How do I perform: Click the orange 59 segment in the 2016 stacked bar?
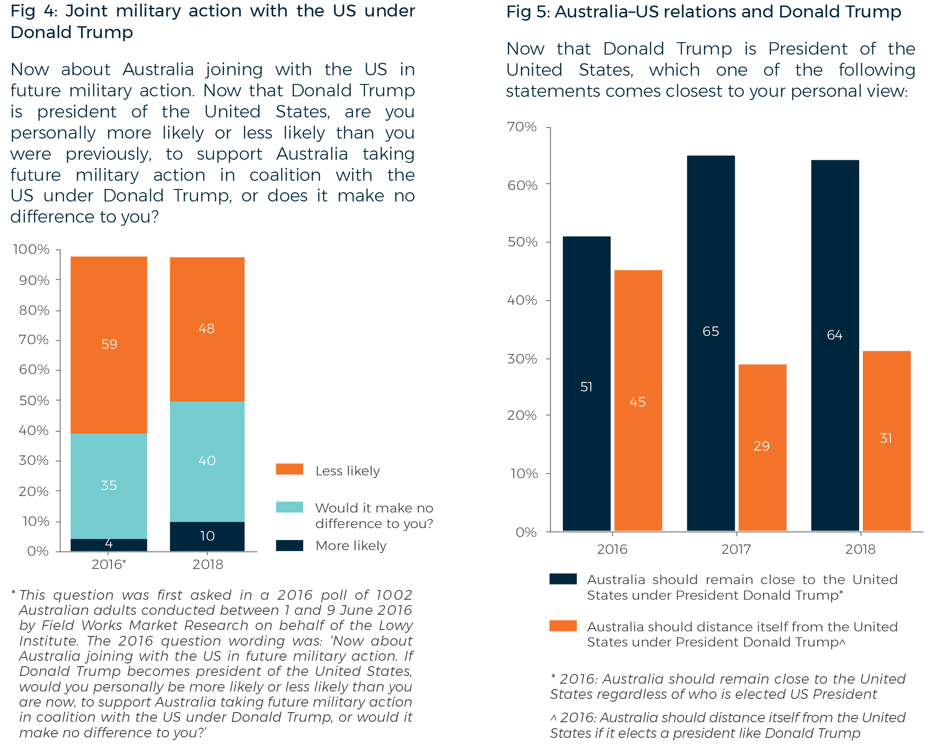tap(109, 344)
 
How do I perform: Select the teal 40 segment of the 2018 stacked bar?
tap(207, 461)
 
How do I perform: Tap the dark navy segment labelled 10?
tap(207, 536)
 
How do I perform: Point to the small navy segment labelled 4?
tap(109, 545)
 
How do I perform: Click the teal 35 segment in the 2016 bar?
tap(109, 485)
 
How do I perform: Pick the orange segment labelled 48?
tap(207, 329)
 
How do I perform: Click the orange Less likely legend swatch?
tap(289, 469)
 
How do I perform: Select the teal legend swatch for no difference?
tap(289, 507)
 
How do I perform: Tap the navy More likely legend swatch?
tap(289, 545)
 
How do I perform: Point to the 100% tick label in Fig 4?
tap(31, 249)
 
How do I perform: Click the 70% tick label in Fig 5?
tap(522, 127)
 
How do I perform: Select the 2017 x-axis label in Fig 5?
tap(736, 549)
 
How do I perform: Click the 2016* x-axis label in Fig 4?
tap(109, 564)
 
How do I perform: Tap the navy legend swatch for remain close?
tap(563, 579)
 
